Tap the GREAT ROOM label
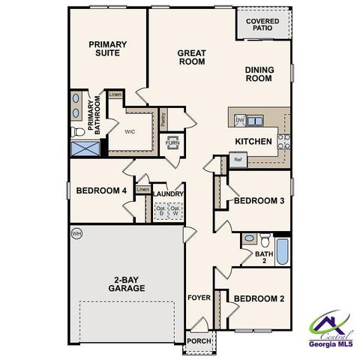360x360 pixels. point(192,57)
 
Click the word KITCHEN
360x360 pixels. point(253,141)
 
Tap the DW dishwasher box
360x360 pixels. point(240,120)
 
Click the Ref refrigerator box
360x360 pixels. point(238,160)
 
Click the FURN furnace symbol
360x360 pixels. point(172,142)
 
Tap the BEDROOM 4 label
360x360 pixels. point(101,190)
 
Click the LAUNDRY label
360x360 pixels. point(168,193)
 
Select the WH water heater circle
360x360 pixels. point(76,233)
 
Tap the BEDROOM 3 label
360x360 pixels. point(258,201)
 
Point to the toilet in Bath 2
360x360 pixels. point(264,240)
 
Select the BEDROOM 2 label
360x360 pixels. point(258,298)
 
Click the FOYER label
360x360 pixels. point(199,298)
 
